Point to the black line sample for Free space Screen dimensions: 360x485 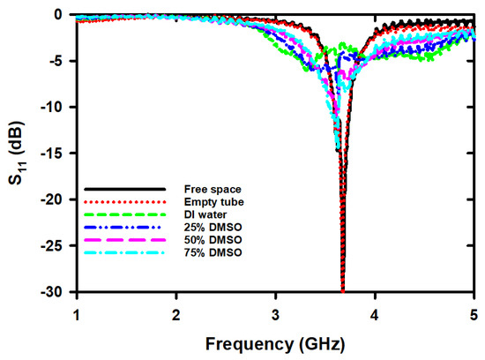124,189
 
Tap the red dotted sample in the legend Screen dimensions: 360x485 124,202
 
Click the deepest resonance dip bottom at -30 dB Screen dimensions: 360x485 342,289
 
